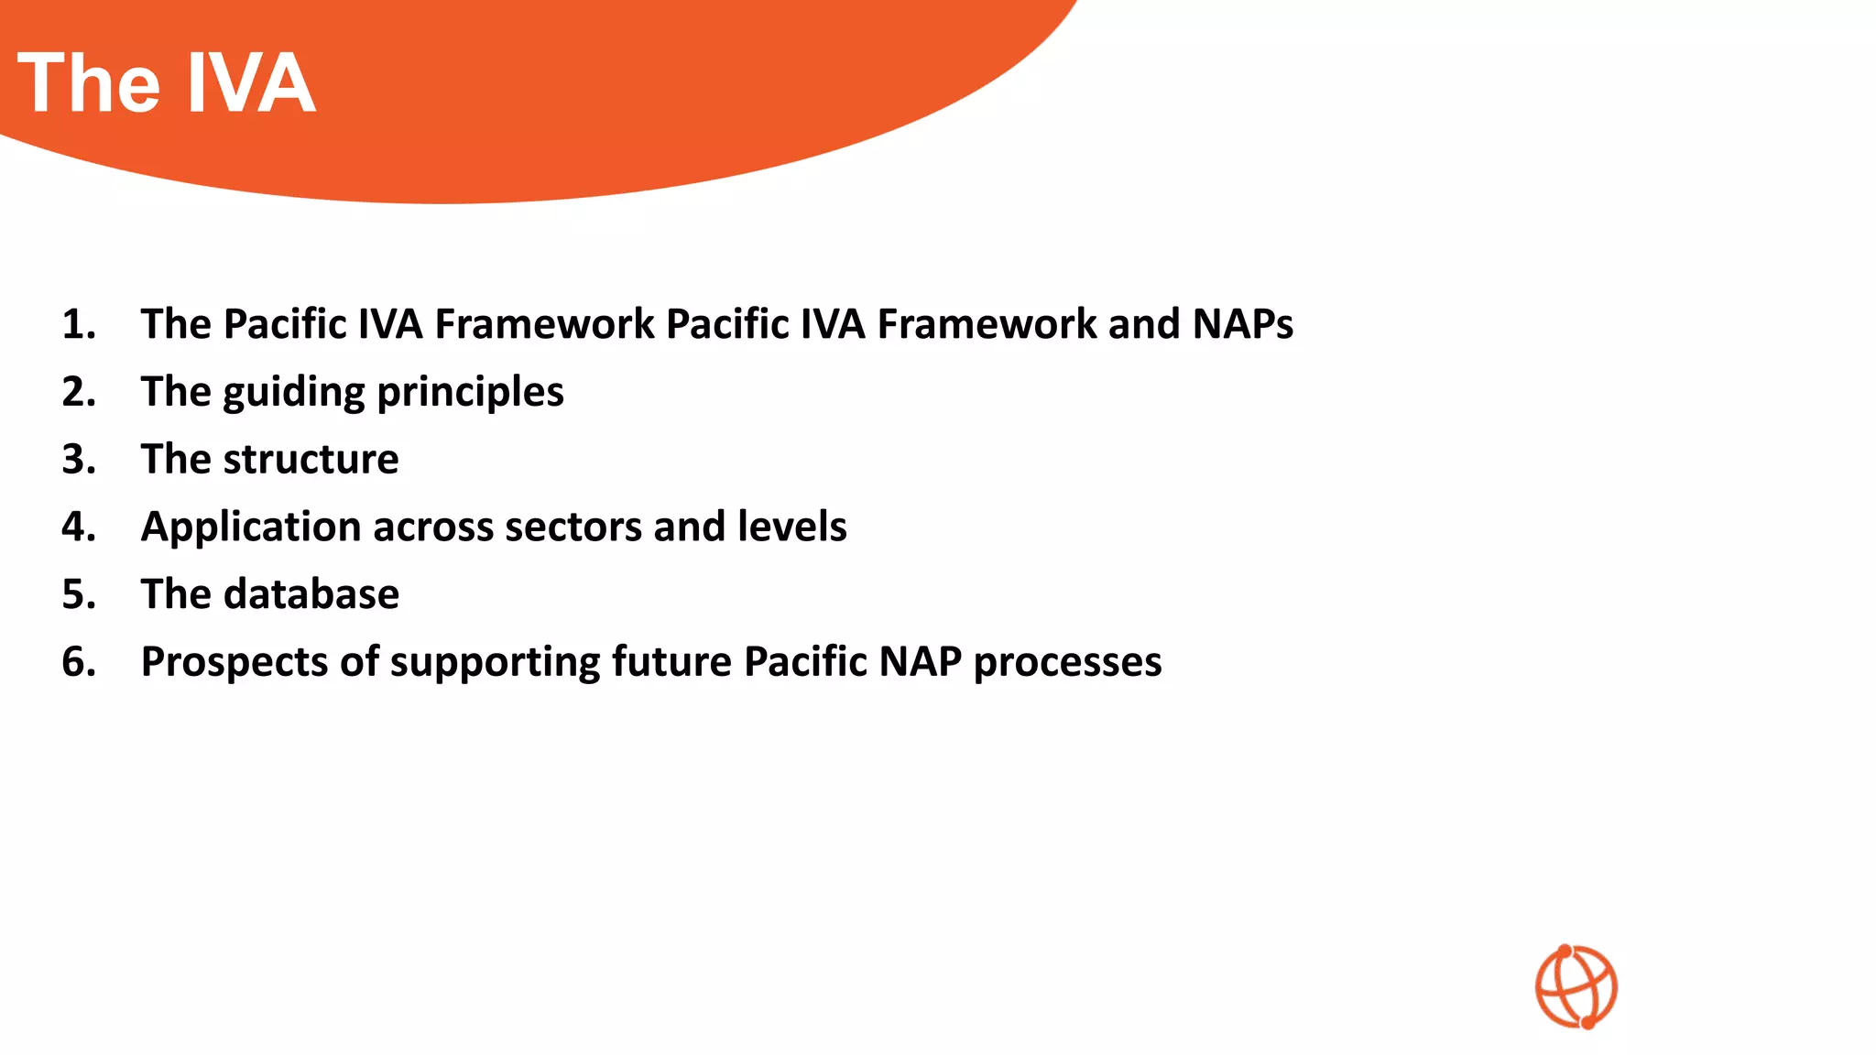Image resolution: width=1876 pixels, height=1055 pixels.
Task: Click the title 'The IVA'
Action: [x=167, y=83]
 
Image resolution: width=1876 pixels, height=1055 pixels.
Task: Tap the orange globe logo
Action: [x=1576, y=986]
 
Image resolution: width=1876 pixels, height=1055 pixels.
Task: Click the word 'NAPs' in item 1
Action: [x=1242, y=324]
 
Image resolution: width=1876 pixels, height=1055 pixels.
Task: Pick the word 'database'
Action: [x=311, y=594]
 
